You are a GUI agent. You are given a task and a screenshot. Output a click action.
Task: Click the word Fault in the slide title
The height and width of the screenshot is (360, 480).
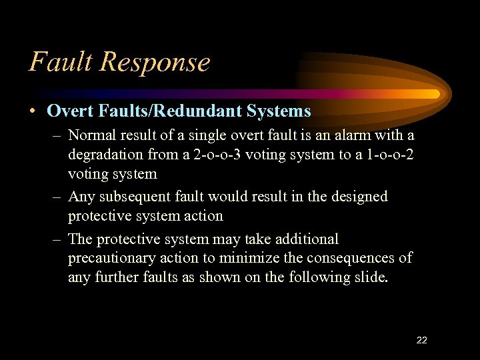(x=61, y=62)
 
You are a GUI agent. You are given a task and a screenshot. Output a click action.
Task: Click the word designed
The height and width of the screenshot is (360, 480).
(x=355, y=197)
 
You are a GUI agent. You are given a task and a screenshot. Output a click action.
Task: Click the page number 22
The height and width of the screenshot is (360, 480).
(x=421, y=340)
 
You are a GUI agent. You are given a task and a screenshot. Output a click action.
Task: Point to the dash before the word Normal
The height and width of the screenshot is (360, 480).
(x=58, y=135)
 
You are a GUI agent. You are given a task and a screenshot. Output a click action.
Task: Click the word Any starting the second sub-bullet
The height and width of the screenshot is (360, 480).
(x=81, y=197)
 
